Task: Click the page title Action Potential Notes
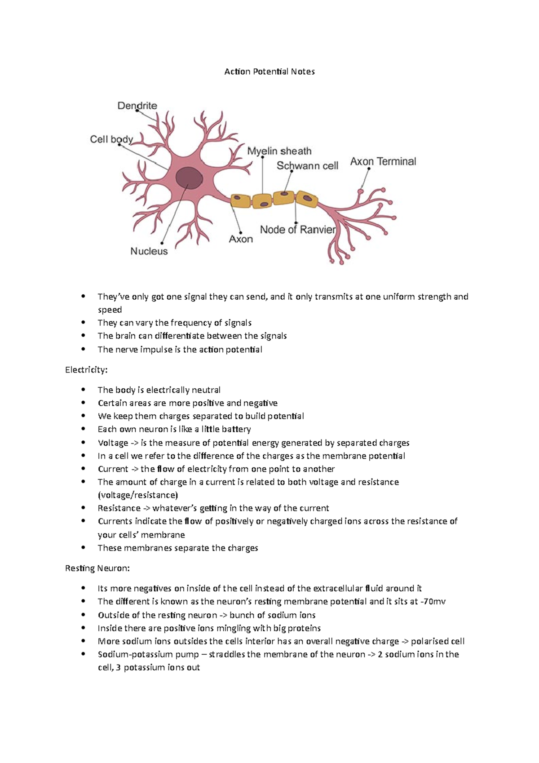click(x=269, y=71)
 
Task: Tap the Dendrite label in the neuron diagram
click(x=137, y=106)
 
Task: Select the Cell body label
click(x=111, y=139)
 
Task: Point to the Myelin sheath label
click(x=279, y=151)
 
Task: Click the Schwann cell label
click(x=307, y=166)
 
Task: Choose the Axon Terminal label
click(x=383, y=161)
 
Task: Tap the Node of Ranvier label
click(x=298, y=230)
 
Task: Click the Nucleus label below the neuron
click(x=149, y=251)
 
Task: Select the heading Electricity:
click(x=86, y=370)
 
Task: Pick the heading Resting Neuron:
click(x=97, y=568)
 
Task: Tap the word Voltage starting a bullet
click(x=113, y=443)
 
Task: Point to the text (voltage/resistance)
click(x=138, y=495)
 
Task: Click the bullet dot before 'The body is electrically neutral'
click(x=83, y=390)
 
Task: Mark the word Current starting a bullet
click(x=113, y=469)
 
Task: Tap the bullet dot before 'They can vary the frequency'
click(x=83, y=323)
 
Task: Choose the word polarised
click(x=430, y=641)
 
